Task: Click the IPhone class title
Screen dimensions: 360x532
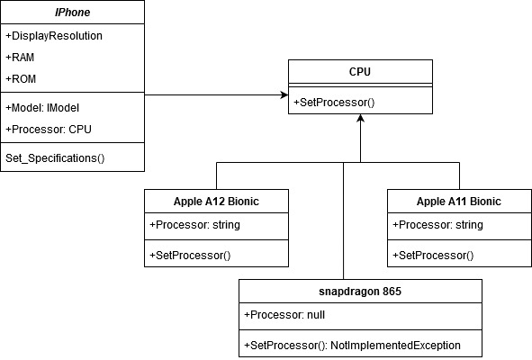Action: [72, 12]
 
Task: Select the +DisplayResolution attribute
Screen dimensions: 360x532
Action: [54, 36]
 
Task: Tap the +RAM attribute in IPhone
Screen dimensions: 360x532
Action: [20, 57]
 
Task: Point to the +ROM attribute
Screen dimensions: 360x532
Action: [20, 77]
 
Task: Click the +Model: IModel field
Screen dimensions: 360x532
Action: [43, 107]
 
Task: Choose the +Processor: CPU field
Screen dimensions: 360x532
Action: [49, 128]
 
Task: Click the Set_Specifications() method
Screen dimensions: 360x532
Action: [56, 158]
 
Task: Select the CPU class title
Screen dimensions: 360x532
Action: [360, 71]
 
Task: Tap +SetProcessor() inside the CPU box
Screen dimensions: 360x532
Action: [334, 103]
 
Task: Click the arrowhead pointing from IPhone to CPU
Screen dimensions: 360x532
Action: [282, 94]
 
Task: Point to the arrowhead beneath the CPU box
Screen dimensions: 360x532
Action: [360, 120]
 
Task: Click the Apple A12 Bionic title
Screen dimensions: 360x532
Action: [216, 201]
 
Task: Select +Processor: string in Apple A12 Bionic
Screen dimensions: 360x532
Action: [194, 224]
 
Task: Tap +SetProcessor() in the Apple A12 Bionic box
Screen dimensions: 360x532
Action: [190, 255]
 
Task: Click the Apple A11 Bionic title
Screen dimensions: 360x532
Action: [459, 201]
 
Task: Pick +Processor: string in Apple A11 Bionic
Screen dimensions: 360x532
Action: [437, 224]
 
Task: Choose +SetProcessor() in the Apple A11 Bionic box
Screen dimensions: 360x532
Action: [433, 255]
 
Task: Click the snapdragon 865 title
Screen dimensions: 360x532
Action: [360, 292]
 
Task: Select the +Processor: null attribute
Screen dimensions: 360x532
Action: [284, 315]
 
